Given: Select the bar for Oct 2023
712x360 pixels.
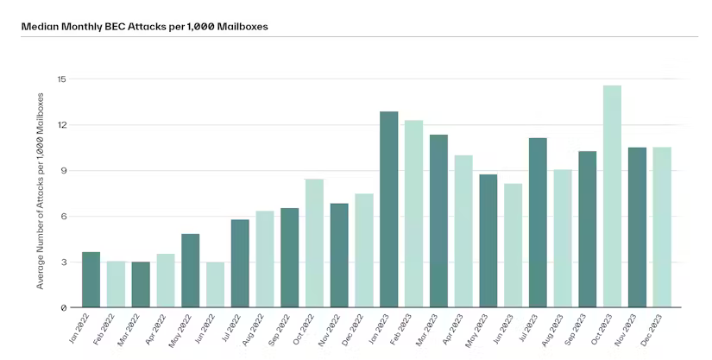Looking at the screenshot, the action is (612, 196).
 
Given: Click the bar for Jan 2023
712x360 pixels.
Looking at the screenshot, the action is (388, 209).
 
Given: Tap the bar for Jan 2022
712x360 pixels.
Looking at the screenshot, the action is (91, 280).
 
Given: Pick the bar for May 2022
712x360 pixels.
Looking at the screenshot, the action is (190, 270).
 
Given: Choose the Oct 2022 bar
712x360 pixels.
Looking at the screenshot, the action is (314, 243).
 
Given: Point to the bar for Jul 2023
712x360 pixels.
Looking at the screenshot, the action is (538, 223).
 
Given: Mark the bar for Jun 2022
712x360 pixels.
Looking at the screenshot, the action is (215, 285).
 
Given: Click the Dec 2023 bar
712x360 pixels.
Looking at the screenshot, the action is (662, 227).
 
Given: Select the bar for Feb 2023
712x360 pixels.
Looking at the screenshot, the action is (413, 214).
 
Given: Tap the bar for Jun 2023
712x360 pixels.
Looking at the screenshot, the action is (514, 245).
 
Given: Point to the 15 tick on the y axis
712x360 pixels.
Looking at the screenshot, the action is (62, 79).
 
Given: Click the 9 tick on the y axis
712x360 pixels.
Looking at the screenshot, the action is (63, 171).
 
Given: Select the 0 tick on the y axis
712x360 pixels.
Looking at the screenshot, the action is (63, 308).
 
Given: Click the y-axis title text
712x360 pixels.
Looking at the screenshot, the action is (41, 191).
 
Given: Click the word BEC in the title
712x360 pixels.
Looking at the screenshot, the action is (116, 26).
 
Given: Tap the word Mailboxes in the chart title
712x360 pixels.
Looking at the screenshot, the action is (243, 26).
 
